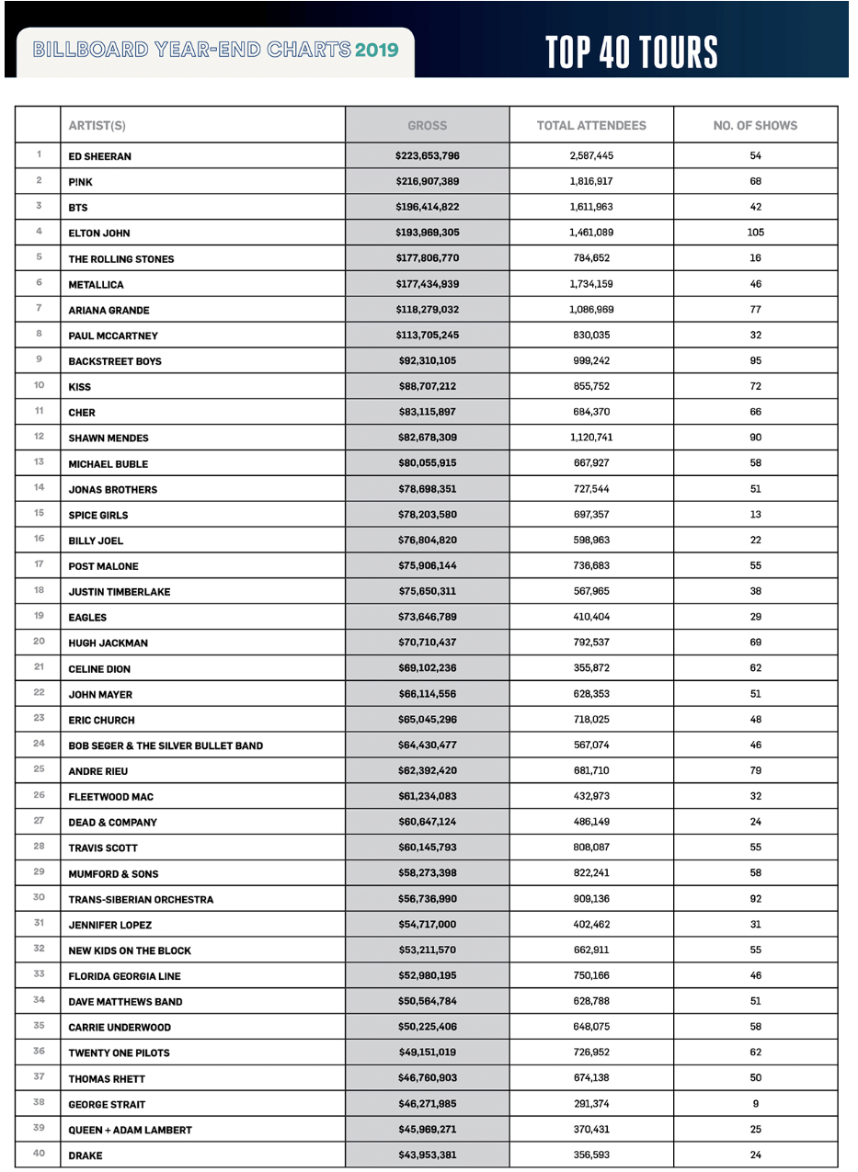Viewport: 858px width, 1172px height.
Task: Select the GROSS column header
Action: (x=427, y=125)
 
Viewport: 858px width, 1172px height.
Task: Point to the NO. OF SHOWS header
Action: (x=755, y=125)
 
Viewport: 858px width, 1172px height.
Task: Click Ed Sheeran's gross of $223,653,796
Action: (x=427, y=155)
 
